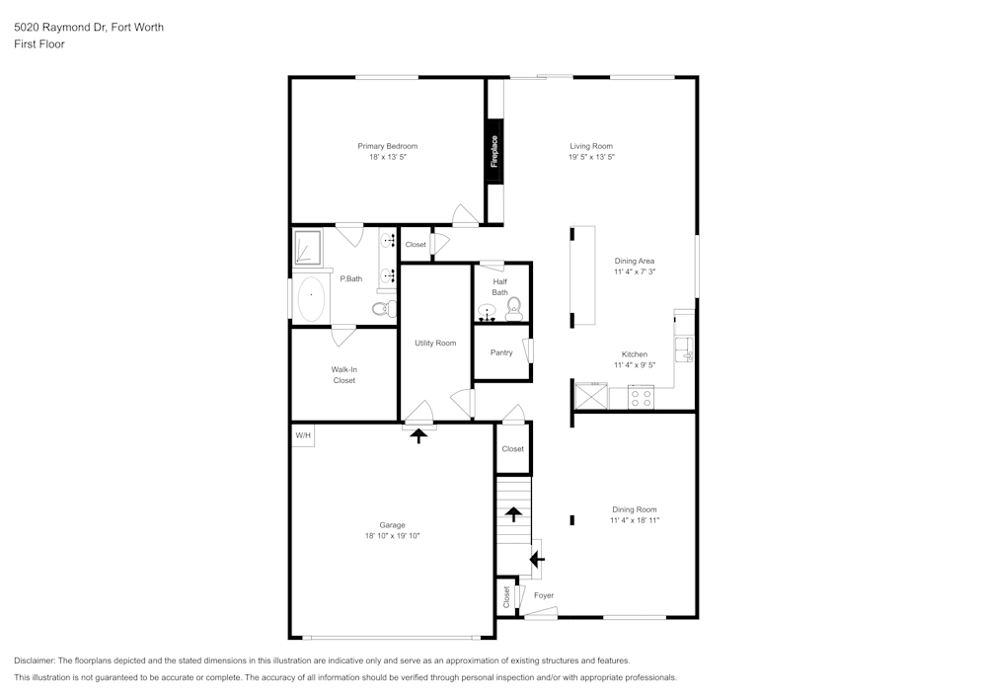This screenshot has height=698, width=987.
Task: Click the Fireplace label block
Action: [495, 150]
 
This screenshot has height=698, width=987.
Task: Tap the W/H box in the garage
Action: [302, 435]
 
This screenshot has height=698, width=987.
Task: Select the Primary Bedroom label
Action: [387, 146]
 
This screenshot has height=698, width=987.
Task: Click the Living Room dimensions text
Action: [591, 157]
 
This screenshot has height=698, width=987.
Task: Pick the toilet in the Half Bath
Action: [513, 312]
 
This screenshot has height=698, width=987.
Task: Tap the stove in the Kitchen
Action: [641, 398]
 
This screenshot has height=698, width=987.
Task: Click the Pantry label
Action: [501, 352]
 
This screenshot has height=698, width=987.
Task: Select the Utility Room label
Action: [435, 343]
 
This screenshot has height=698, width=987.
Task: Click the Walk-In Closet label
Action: [343, 375]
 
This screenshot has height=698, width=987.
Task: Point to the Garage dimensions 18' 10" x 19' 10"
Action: [393, 536]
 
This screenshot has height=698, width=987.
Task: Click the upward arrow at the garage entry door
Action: [419, 434]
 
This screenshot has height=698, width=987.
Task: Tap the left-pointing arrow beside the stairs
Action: [536, 560]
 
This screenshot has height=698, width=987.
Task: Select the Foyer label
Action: [544, 595]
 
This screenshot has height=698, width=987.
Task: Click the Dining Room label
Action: [634, 509]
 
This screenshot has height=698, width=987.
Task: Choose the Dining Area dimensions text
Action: [634, 271]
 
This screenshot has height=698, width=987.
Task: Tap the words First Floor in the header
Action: [39, 44]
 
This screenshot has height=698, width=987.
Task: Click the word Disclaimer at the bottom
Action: [35, 660]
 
